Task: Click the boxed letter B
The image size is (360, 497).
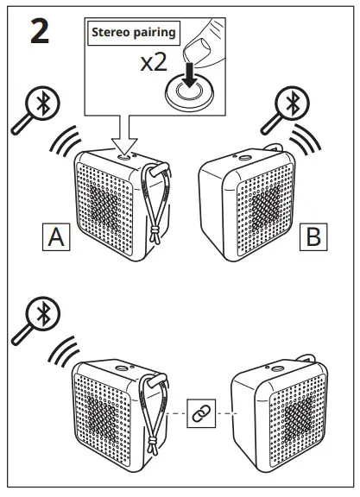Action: click(x=313, y=236)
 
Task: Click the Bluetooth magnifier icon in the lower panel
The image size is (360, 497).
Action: click(x=35, y=318)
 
